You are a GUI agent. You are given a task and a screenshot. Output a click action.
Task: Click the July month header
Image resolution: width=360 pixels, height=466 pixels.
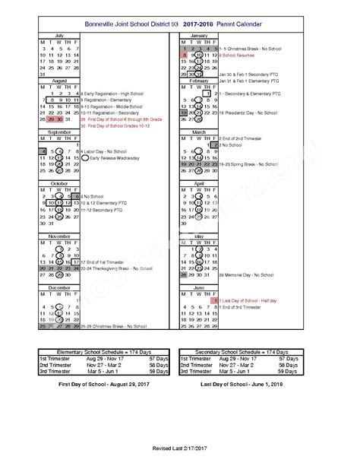click(x=59, y=35)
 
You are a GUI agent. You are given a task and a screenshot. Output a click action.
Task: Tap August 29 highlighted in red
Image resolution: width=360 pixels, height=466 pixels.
click(x=51, y=119)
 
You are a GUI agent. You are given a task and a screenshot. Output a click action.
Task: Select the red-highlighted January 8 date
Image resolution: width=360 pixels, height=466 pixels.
click(x=183, y=55)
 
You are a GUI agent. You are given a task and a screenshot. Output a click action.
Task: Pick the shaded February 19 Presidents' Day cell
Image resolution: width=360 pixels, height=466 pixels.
click(x=183, y=113)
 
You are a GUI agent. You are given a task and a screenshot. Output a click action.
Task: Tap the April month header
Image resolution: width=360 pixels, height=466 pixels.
click(x=201, y=183)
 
